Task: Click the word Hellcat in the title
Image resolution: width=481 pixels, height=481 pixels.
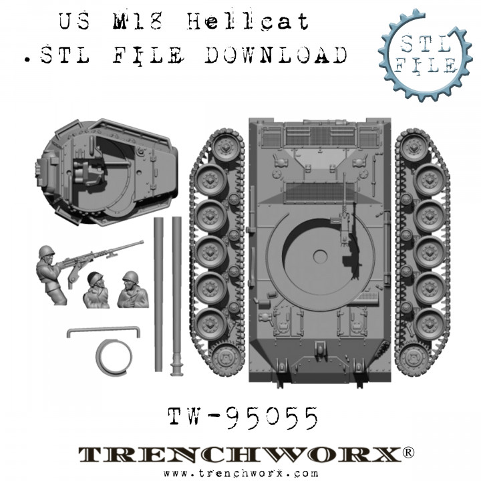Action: click(x=247, y=23)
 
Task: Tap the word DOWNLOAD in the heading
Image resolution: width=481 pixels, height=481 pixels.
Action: click(x=276, y=55)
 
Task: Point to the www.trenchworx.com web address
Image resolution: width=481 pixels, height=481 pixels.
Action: click(x=241, y=473)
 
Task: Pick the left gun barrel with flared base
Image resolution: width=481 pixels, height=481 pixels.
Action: click(x=158, y=294)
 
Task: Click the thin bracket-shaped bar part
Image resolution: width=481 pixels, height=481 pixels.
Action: click(x=104, y=330)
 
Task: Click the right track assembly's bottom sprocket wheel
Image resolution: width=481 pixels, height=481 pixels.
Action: click(x=418, y=358)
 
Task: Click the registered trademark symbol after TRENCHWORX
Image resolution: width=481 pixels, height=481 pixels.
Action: click(x=408, y=452)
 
